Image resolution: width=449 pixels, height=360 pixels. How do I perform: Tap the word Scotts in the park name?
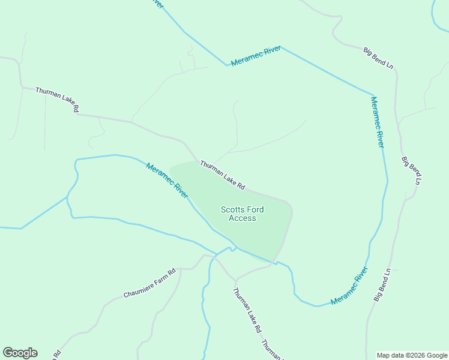click(232, 209)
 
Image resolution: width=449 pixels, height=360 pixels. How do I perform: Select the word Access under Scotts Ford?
click(243, 218)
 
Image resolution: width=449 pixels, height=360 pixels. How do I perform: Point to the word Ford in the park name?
click(255, 209)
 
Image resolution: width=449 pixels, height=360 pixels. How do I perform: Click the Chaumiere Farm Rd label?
click(149, 284)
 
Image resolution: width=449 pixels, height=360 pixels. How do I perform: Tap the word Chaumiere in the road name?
click(137, 289)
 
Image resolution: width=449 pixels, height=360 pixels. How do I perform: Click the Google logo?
click(20, 353)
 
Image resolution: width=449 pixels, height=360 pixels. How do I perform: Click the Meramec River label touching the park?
click(167, 181)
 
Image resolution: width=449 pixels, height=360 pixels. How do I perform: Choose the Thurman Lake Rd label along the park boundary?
click(223, 175)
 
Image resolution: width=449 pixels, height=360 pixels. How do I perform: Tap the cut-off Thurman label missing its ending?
click(271, 350)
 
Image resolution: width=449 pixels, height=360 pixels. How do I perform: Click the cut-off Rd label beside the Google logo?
click(56, 354)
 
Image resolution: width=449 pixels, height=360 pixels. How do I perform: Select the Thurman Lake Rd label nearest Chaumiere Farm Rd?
click(247, 311)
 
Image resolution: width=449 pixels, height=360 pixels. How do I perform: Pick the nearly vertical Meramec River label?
click(378, 122)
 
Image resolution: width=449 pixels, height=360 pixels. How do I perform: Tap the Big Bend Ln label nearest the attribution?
click(382, 284)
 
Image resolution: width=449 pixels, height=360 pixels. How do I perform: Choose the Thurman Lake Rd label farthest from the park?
click(57, 100)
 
